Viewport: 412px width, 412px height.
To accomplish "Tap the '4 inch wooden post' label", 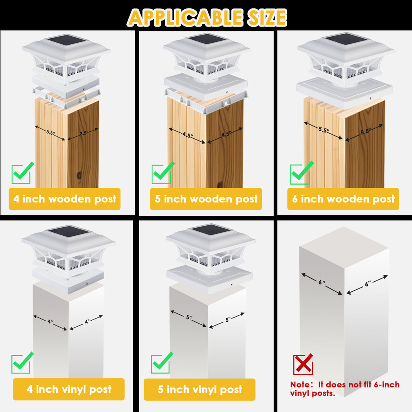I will click(x=65, y=199).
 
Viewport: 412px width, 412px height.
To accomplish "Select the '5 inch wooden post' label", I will click(x=206, y=199).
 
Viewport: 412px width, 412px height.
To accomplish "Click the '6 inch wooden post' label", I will click(x=343, y=199).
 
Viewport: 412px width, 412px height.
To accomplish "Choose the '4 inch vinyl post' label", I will click(x=69, y=389).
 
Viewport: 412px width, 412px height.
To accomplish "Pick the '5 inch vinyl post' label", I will click(x=200, y=389).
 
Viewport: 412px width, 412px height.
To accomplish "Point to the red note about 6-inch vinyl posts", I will click(x=345, y=389).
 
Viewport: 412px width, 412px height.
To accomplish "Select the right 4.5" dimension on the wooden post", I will click(x=226, y=134).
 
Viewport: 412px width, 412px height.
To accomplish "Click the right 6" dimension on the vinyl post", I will click(x=367, y=284).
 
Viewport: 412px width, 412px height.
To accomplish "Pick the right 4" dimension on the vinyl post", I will click(x=87, y=321).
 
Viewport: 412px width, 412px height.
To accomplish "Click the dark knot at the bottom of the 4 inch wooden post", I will click(x=79, y=176).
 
